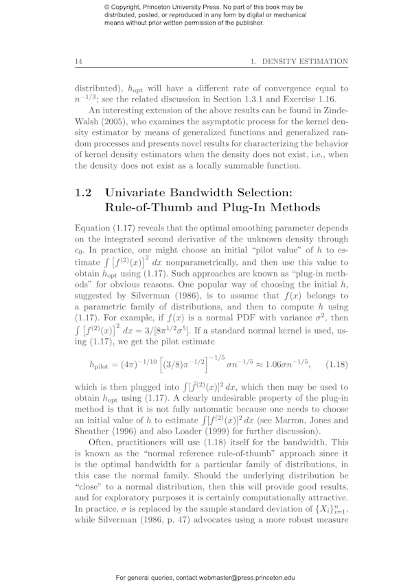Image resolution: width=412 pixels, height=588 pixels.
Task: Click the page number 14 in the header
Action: click(79, 62)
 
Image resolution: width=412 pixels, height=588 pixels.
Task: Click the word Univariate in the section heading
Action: click(147, 193)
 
